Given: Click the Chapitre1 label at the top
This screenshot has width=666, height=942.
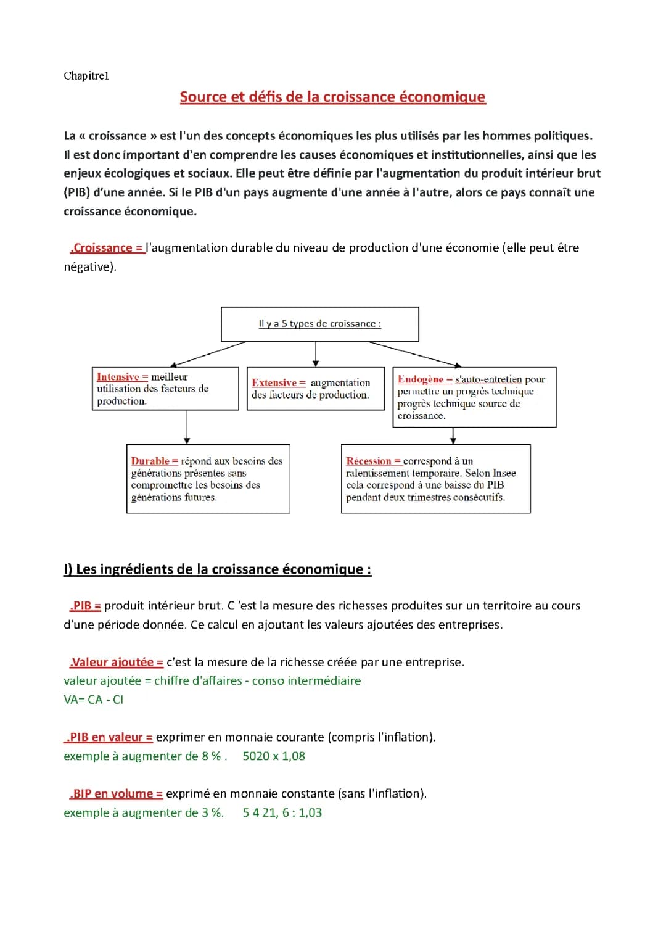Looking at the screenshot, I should (x=86, y=76).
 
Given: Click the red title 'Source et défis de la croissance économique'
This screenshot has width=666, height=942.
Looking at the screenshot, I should (x=332, y=97).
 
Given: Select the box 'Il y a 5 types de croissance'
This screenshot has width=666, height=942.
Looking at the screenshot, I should (x=319, y=324).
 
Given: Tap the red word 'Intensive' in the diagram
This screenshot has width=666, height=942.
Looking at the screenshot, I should (x=118, y=377).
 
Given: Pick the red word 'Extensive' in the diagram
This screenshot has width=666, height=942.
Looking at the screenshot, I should (x=274, y=383).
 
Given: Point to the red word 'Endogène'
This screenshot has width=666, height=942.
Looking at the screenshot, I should (x=421, y=379).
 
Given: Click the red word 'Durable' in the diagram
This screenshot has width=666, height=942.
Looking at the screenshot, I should (x=150, y=461).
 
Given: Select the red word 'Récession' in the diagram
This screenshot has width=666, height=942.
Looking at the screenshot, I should (x=369, y=461).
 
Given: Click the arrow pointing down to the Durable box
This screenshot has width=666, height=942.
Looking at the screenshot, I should (x=187, y=428).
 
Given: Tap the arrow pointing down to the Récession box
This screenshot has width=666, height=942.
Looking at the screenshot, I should (x=453, y=436).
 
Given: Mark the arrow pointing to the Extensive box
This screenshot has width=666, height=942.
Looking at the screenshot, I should (x=316, y=354).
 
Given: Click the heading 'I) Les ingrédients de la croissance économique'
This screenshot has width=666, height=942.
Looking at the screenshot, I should (x=217, y=569).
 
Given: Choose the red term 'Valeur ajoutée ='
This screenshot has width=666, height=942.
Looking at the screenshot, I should (x=117, y=662).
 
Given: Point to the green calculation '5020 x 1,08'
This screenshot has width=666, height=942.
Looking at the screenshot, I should (x=274, y=756).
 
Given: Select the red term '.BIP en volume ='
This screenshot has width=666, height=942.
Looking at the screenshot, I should (x=116, y=794).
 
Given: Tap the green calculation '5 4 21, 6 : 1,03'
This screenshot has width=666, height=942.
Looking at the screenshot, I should (x=282, y=813).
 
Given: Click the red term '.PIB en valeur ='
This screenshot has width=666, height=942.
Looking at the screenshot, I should (x=109, y=737).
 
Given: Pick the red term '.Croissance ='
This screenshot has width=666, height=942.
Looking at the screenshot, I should (x=108, y=248).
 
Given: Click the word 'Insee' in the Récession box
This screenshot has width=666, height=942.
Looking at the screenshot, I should (x=504, y=473).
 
